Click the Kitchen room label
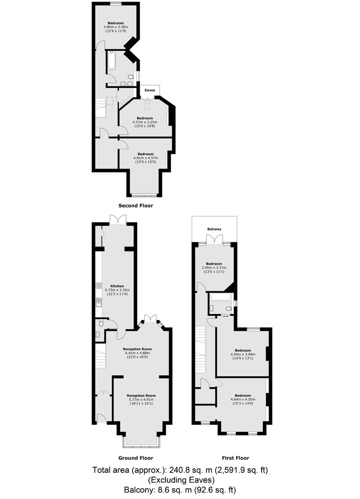[117, 286]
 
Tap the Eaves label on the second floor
[150, 90]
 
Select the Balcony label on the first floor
[214, 229]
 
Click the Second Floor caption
[136, 205]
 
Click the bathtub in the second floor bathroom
[111, 61]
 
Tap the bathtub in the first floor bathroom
[221, 297]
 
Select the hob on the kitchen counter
[99, 286]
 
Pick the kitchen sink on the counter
[99, 302]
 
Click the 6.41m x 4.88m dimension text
[137, 353]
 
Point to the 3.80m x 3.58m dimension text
[116, 27]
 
